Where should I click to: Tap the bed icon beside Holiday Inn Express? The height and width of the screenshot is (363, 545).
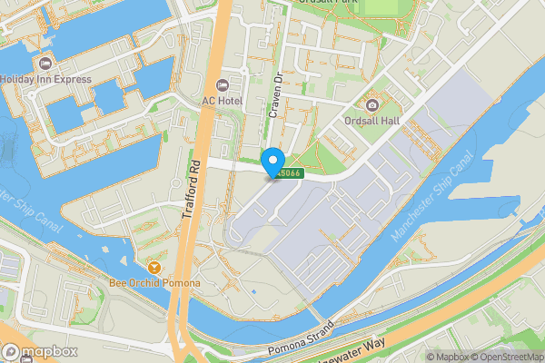[45, 63]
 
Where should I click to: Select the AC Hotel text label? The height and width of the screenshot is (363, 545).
[222, 101]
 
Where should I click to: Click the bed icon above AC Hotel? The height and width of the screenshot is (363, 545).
[222, 84]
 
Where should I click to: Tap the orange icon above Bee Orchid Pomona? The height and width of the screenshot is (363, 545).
[154, 267]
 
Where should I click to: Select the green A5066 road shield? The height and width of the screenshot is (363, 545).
[289, 172]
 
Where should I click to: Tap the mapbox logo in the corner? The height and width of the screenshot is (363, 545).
[40, 352]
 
